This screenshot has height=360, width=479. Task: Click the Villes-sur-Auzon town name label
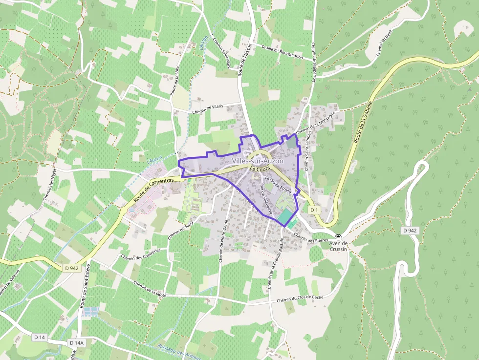(258, 161)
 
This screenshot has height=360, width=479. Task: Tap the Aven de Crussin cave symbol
(338, 236)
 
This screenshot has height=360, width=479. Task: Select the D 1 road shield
(314, 210)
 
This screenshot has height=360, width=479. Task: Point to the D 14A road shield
(77, 343)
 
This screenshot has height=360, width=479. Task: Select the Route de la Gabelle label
(364, 122)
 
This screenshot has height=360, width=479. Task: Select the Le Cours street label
(260, 169)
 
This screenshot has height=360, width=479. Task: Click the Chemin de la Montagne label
(315, 123)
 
